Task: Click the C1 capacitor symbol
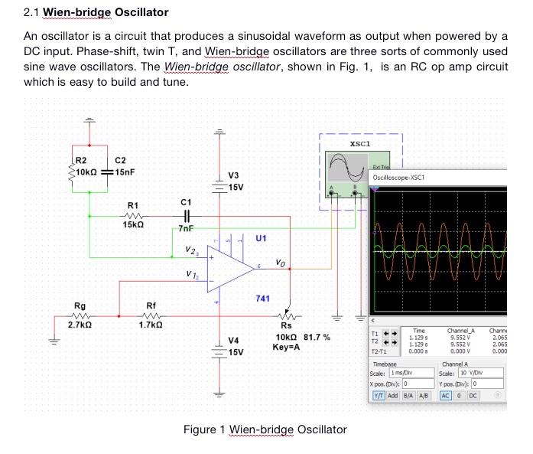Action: (186, 216)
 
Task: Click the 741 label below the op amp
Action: (262, 298)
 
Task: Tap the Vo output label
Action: (281, 263)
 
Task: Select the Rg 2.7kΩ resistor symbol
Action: (80, 315)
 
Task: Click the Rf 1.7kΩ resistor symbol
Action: (151, 315)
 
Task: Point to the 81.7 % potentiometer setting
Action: (317, 337)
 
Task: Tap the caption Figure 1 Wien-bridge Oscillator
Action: (265, 430)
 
